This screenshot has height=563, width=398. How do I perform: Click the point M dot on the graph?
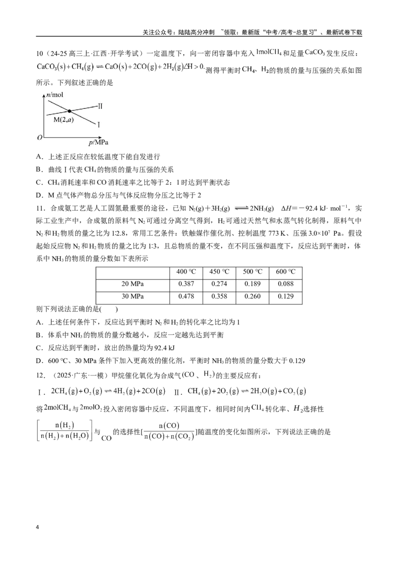point(69,111)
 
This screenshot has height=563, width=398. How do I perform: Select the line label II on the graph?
point(100,106)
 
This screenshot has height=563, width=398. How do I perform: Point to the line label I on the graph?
point(99,125)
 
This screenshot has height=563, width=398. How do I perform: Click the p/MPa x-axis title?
point(99,143)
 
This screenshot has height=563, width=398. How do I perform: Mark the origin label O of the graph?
point(39,138)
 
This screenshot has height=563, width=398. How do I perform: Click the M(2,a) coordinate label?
point(64,119)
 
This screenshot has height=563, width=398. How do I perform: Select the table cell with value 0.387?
point(186,284)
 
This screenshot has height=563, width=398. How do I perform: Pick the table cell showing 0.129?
point(286,296)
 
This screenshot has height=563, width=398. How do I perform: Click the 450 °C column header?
point(219,272)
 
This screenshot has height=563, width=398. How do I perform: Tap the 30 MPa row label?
point(132,296)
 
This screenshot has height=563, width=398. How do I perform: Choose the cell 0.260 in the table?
point(253,296)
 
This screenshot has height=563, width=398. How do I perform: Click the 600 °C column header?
point(286,272)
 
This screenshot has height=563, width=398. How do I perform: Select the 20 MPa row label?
point(132,284)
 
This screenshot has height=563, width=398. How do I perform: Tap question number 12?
point(41,375)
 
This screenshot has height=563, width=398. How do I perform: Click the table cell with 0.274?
point(219,284)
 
